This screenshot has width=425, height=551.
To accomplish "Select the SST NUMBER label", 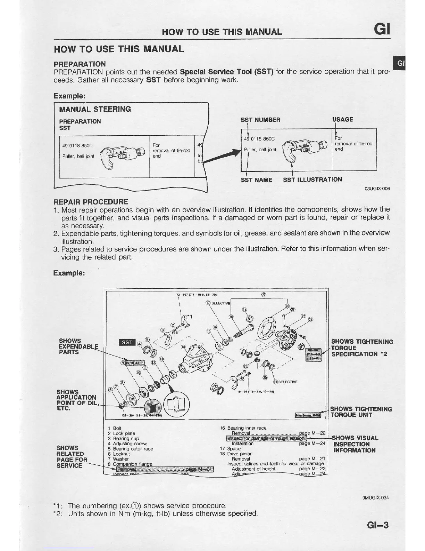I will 260,120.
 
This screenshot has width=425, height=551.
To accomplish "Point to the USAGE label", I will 342,120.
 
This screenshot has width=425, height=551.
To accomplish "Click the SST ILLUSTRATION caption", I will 312,179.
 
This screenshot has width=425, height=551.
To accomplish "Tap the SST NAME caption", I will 256,180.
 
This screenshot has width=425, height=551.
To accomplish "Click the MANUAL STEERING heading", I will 95,109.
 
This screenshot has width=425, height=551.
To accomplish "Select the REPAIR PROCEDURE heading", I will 90,202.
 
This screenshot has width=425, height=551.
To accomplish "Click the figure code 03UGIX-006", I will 377,189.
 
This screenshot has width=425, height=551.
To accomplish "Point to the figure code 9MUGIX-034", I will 375,498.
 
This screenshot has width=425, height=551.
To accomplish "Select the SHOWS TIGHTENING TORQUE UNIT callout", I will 361,412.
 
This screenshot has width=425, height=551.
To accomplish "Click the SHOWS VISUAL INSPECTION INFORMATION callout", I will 355,444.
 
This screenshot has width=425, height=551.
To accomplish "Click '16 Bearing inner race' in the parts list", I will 243,428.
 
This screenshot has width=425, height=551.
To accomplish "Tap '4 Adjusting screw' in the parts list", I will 127,444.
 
